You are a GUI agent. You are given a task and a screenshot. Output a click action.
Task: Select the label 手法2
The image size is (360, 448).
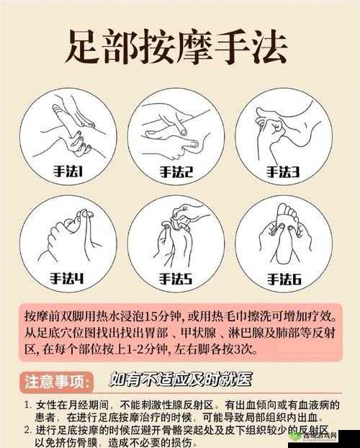[x=176, y=172]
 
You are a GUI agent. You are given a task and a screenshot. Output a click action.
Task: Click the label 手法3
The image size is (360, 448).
[x=283, y=172]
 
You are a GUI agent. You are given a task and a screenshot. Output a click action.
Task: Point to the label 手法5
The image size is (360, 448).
[x=176, y=277]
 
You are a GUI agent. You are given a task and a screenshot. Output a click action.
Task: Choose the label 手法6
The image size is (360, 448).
[x=283, y=277]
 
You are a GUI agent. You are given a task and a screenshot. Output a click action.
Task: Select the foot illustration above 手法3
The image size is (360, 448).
[x=283, y=126]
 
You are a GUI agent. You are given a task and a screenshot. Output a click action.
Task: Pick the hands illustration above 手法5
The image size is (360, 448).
[x=176, y=234]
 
